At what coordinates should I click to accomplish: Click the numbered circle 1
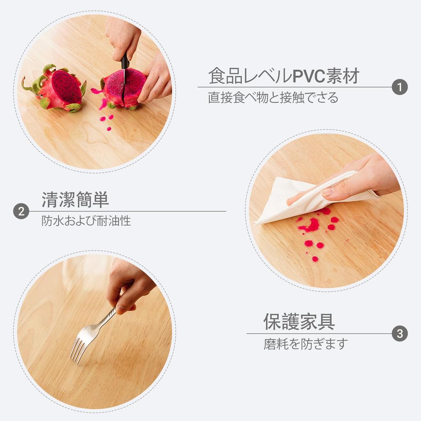pyautogui.click(x=400, y=87)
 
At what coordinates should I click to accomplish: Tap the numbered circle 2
pyautogui.click(x=21, y=211)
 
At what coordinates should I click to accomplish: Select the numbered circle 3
pyautogui.click(x=400, y=333)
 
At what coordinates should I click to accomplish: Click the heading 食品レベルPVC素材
pyautogui.click(x=284, y=76)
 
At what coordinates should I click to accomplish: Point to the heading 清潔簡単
pyautogui.click(x=75, y=200)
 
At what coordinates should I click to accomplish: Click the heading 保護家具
pyautogui.click(x=299, y=322)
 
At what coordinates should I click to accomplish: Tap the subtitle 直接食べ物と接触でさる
pyautogui.click(x=273, y=98)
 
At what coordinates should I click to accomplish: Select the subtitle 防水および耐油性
pyautogui.click(x=86, y=221)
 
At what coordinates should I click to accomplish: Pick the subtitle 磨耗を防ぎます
pyautogui.click(x=305, y=344)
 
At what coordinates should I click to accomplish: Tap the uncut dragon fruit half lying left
pyautogui.click(x=58, y=89)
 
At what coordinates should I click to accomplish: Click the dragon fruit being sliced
pyautogui.click(x=123, y=87)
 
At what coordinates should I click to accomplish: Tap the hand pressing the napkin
pyautogui.click(x=362, y=177)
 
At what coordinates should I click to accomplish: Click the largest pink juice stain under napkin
pyautogui.click(x=311, y=225)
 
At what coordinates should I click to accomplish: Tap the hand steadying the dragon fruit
pyautogui.click(x=156, y=80)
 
